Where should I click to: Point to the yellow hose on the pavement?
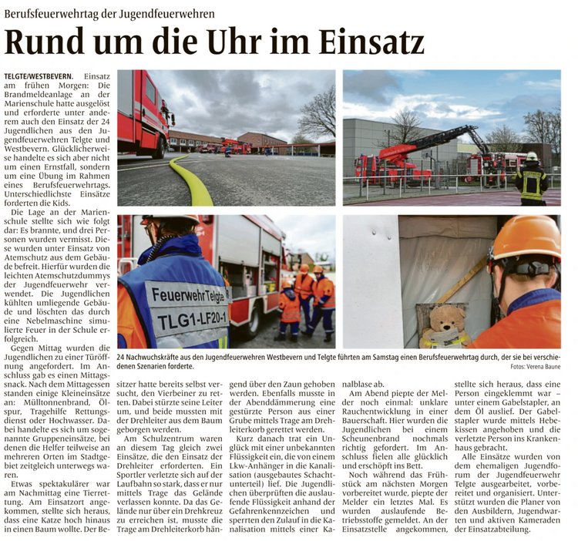193,181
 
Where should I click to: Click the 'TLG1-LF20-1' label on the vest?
188,314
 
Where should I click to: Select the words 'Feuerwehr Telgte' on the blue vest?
190,294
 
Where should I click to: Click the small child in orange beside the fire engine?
290,308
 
